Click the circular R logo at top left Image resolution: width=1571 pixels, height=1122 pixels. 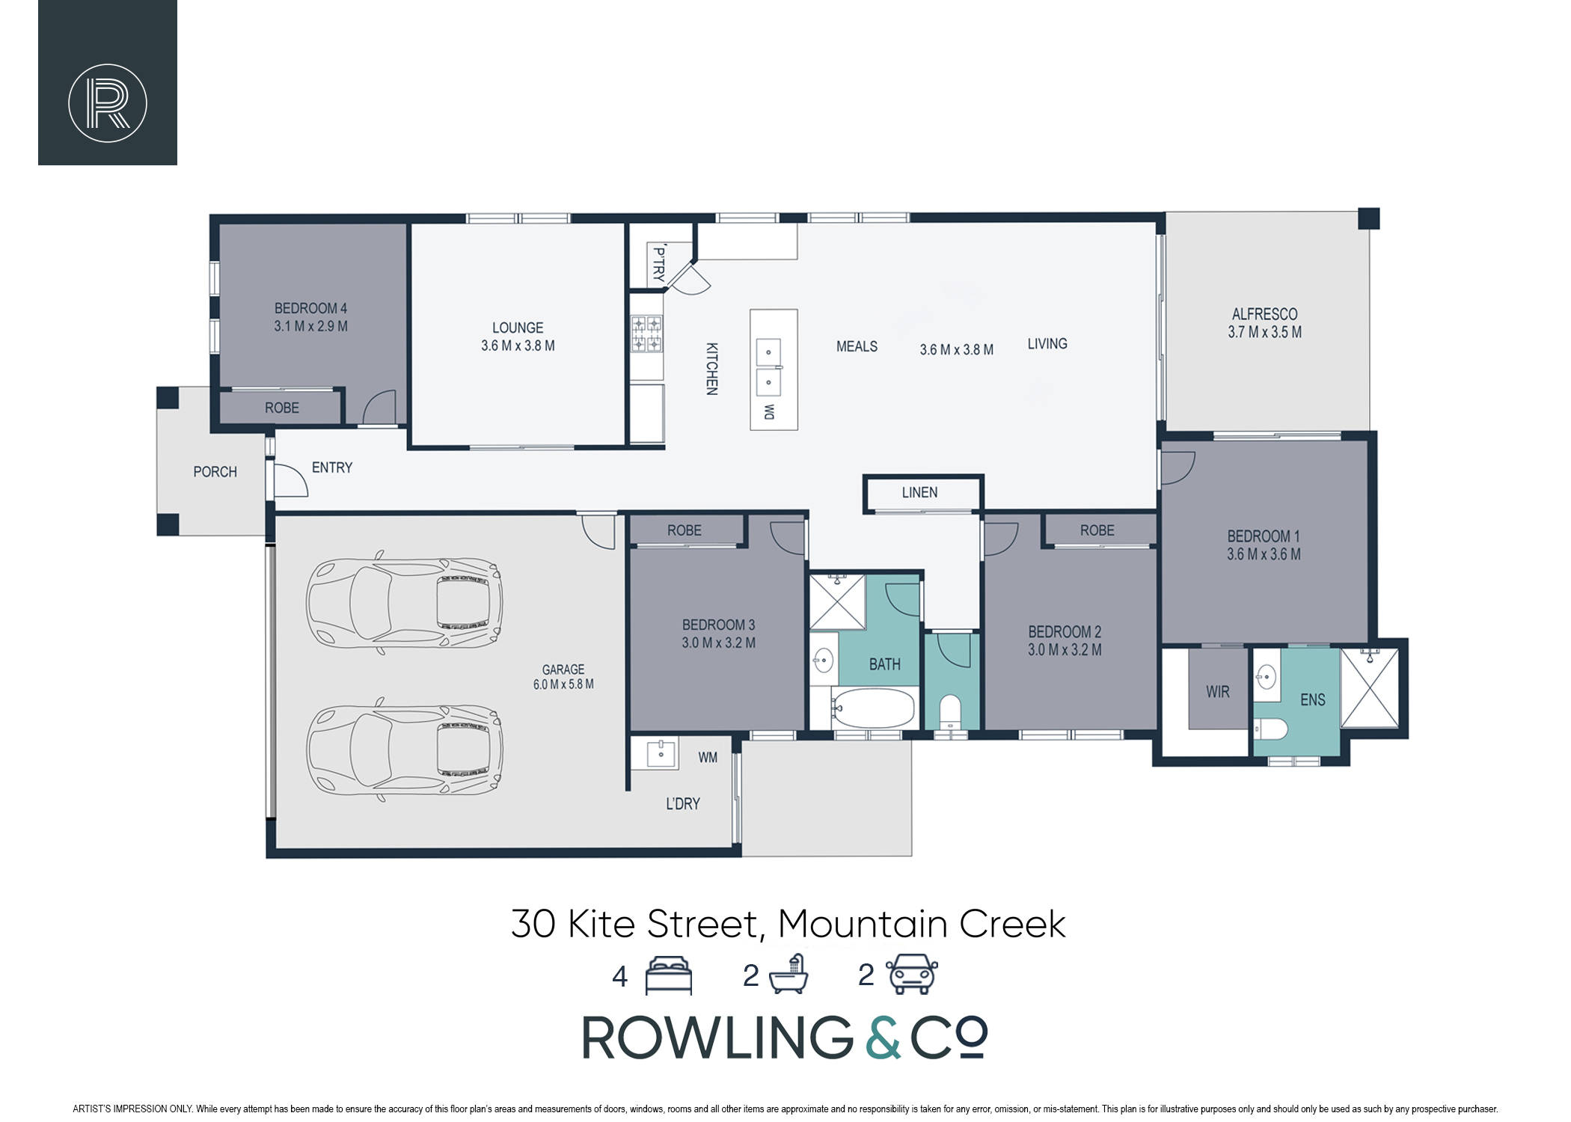pos(108,103)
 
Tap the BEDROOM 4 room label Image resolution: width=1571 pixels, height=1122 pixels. pos(310,308)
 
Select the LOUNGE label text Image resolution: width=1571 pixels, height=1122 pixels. pos(518,328)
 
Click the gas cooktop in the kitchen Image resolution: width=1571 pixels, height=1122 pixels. pos(647,334)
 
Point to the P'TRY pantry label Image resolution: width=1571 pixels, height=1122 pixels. pos(658,263)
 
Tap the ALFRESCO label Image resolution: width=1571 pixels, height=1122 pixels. pos(1265,314)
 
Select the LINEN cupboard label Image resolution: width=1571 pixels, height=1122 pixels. pos(919,492)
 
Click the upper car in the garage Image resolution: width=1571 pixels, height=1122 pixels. pos(405,603)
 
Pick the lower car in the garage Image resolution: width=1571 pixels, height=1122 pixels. pos(405,749)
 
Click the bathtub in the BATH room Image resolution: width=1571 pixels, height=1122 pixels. pos(874,707)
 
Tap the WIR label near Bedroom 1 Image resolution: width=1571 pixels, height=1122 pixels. pos(1218,692)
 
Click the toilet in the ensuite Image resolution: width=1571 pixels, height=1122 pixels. pos(1270,729)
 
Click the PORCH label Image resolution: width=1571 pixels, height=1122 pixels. pos(215,472)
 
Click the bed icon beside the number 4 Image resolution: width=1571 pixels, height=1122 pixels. pos(669,975)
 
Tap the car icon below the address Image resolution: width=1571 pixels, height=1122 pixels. pos(912,974)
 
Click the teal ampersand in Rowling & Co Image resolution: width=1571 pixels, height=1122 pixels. pos(884,1037)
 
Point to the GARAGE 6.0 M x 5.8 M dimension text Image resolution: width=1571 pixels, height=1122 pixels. pos(563,684)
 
